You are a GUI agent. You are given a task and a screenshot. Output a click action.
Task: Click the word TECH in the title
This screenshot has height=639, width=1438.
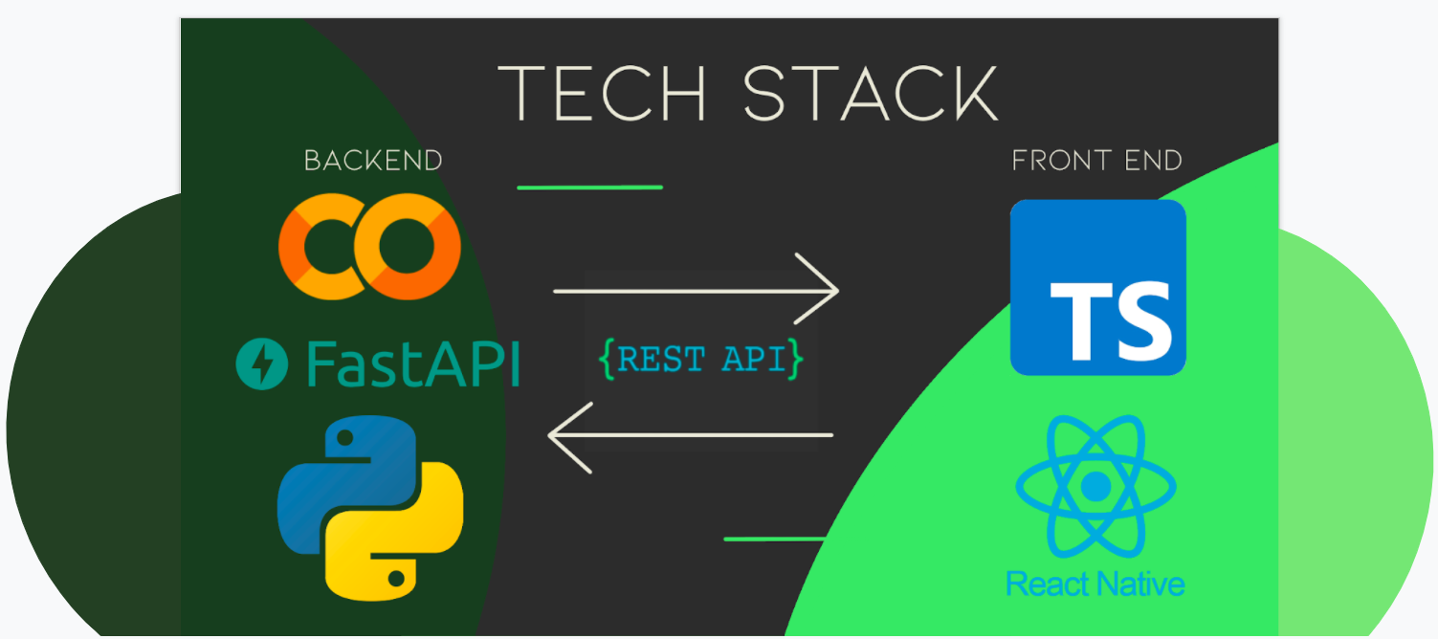602,93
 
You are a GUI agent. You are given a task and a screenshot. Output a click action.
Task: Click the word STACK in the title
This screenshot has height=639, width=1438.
871,93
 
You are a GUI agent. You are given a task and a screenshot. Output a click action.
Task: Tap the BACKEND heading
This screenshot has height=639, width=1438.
373,161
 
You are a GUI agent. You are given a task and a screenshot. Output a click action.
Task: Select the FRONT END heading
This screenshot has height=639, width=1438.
1096,161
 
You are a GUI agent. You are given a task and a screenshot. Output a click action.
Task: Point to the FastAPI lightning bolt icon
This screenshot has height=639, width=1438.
262,364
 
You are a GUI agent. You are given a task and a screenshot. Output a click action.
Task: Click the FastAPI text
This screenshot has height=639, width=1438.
412,364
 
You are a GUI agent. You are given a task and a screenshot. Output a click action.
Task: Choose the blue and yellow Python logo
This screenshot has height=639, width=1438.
370,505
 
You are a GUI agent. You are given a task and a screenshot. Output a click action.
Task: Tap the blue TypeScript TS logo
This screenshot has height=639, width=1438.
1098,287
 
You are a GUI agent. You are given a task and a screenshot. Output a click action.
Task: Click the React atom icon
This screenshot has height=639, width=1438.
1095,488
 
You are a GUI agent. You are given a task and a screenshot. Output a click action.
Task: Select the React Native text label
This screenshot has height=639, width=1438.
1095,583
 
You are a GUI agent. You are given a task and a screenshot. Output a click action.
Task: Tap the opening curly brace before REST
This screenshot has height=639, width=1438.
607,359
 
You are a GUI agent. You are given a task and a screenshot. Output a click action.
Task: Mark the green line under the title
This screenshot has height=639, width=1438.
589,187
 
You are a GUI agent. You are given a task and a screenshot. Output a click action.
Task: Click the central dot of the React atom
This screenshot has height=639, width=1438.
1095,488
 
